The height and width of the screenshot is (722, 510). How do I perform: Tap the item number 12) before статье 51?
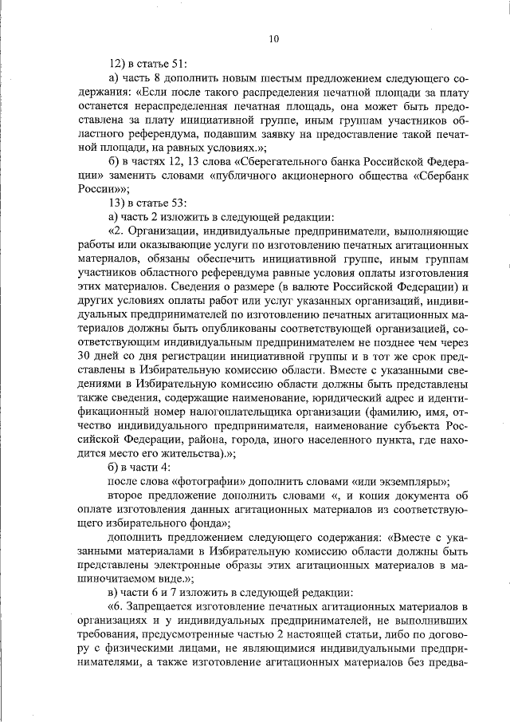tap(118, 62)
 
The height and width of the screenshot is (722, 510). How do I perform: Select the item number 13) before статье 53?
tap(118, 203)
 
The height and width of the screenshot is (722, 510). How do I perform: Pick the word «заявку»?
tap(284, 132)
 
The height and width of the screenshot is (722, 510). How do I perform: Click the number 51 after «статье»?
tap(178, 62)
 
